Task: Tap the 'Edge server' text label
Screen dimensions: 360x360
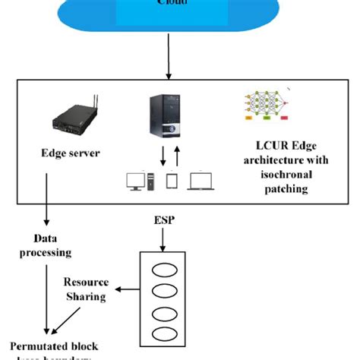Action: [71, 153]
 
